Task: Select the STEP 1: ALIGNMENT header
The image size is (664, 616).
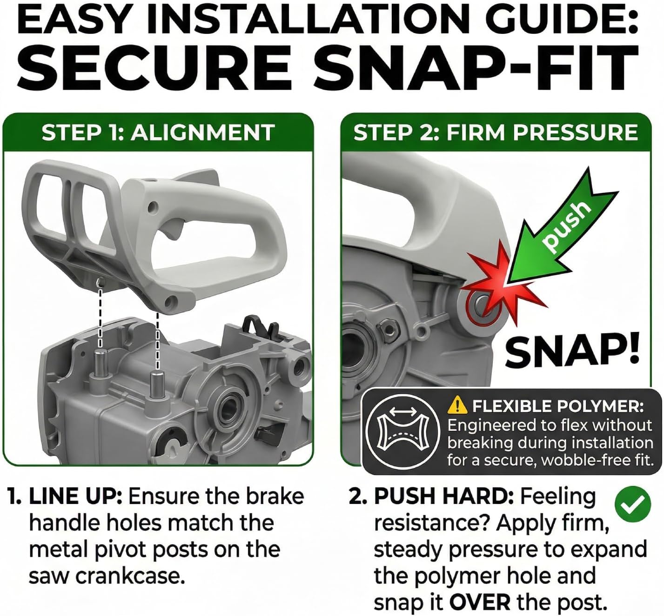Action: point(158,132)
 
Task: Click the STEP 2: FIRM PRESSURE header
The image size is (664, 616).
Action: point(496,132)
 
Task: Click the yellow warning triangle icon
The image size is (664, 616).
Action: point(457,405)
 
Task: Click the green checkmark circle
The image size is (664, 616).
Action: point(633,504)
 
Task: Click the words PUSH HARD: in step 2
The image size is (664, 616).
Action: point(443,496)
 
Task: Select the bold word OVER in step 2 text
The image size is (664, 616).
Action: point(479,603)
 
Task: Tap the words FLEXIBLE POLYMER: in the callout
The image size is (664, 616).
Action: point(558,406)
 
